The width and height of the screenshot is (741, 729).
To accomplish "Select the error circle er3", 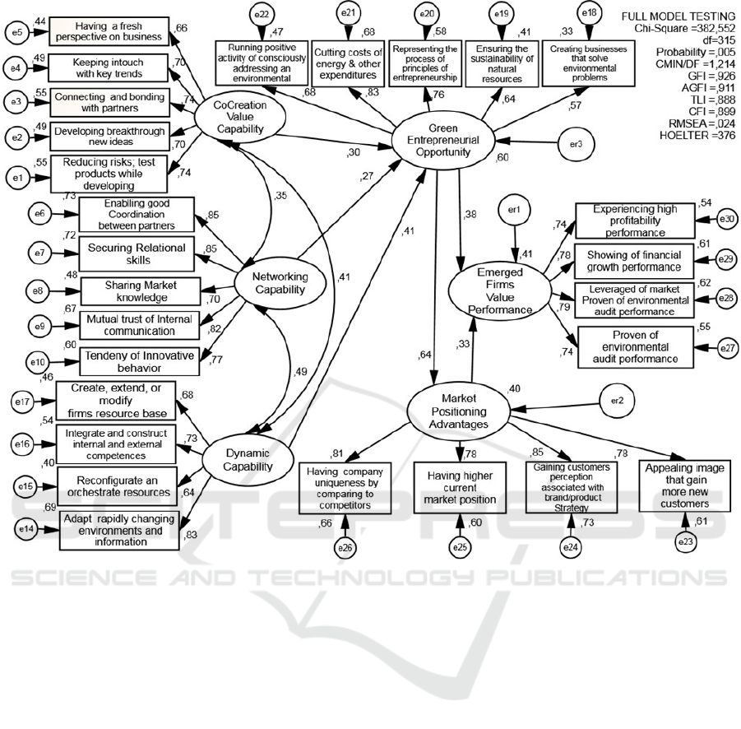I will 577,143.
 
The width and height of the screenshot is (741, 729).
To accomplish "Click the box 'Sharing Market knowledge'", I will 140,290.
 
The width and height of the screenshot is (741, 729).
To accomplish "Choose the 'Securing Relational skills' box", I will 137,253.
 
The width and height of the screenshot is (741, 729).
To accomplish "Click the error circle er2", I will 618,402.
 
